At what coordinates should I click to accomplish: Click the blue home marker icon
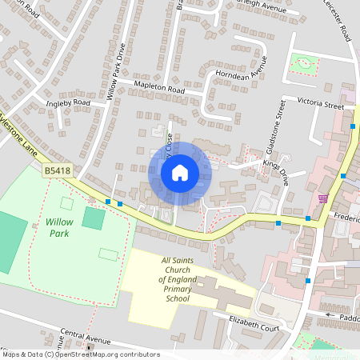pos(180,172)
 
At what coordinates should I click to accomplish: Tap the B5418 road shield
pos(57,170)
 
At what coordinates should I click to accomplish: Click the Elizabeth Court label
pos(250,326)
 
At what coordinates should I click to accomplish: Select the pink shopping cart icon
pos(323,198)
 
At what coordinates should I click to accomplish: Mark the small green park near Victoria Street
pos(304,63)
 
